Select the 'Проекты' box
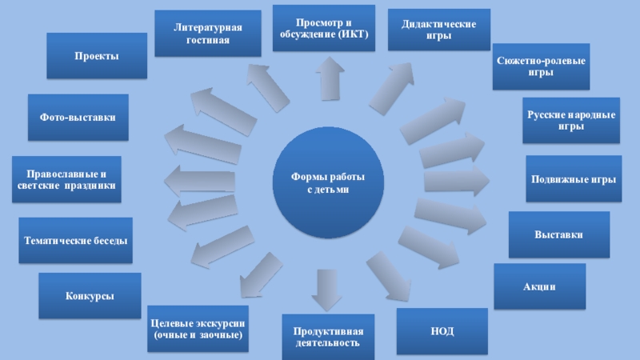point(96,55)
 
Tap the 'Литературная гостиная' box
point(207,34)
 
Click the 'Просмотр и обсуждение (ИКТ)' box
point(324,29)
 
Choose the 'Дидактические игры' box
point(439,30)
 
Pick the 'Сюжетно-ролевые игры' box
point(541,66)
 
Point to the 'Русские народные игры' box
point(570,121)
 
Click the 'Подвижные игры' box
point(574,179)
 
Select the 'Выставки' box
point(559,235)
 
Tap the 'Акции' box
point(539,286)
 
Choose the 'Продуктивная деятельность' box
point(328,337)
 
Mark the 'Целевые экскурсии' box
point(198,328)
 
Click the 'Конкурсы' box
point(90,296)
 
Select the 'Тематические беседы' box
point(76,240)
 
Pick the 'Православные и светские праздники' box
point(66,179)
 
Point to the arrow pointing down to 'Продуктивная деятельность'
point(326,290)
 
